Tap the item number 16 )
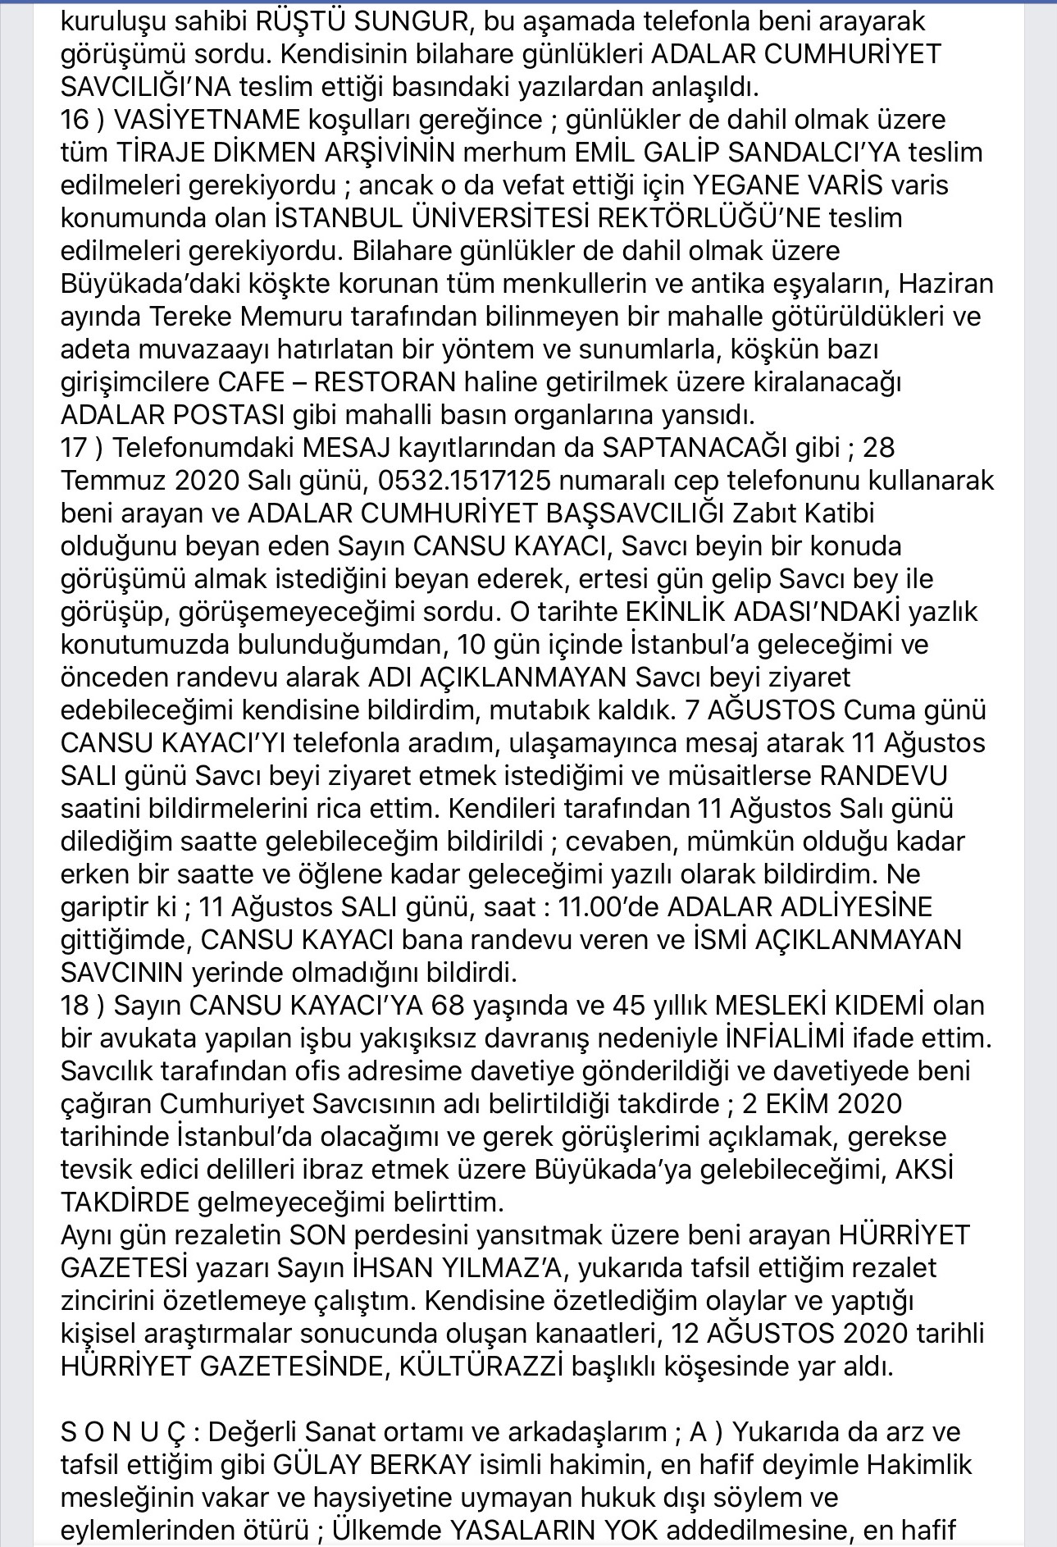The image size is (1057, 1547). click(x=83, y=119)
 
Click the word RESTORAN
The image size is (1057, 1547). click(x=385, y=381)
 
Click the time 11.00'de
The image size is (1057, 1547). click(x=608, y=906)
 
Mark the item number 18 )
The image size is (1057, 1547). click(x=83, y=1005)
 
